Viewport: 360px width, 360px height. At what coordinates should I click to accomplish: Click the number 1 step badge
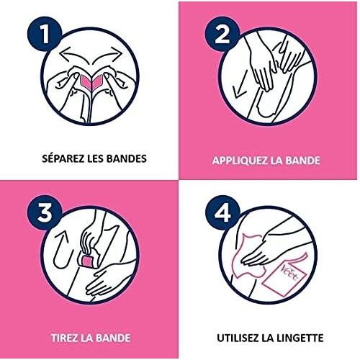point(45,34)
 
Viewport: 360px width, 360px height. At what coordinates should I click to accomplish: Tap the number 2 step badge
point(222,34)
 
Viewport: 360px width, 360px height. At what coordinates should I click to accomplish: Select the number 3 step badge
point(45,212)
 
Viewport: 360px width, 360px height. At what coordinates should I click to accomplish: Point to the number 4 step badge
point(222,212)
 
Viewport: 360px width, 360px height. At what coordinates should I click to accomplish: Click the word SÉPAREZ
point(63,158)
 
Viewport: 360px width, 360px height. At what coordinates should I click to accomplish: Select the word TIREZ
point(65,338)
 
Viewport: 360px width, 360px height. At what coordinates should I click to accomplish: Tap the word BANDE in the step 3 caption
point(113,338)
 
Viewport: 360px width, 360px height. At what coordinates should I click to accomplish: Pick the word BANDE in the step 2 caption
point(302,161)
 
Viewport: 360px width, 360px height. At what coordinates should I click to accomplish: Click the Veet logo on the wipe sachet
point(289,273)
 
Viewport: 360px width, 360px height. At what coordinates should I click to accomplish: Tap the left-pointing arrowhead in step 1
point(63,53)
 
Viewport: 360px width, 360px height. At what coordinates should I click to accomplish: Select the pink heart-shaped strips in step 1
point(91,81)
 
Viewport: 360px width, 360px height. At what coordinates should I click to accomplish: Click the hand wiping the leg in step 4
point(261,250)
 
